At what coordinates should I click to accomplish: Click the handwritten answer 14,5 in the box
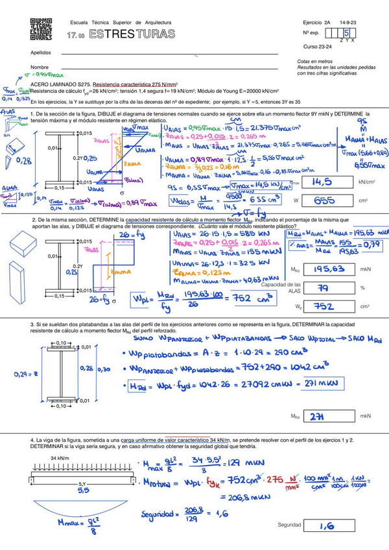[323, 184]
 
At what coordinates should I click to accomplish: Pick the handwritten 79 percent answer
[323, 287]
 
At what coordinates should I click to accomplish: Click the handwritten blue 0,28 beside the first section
[24, 161]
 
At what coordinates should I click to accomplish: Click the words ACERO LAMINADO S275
[60, 85]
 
